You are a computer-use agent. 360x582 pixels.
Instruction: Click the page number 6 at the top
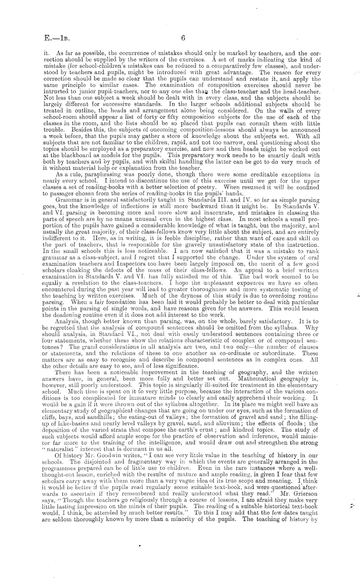click(183, 38)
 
